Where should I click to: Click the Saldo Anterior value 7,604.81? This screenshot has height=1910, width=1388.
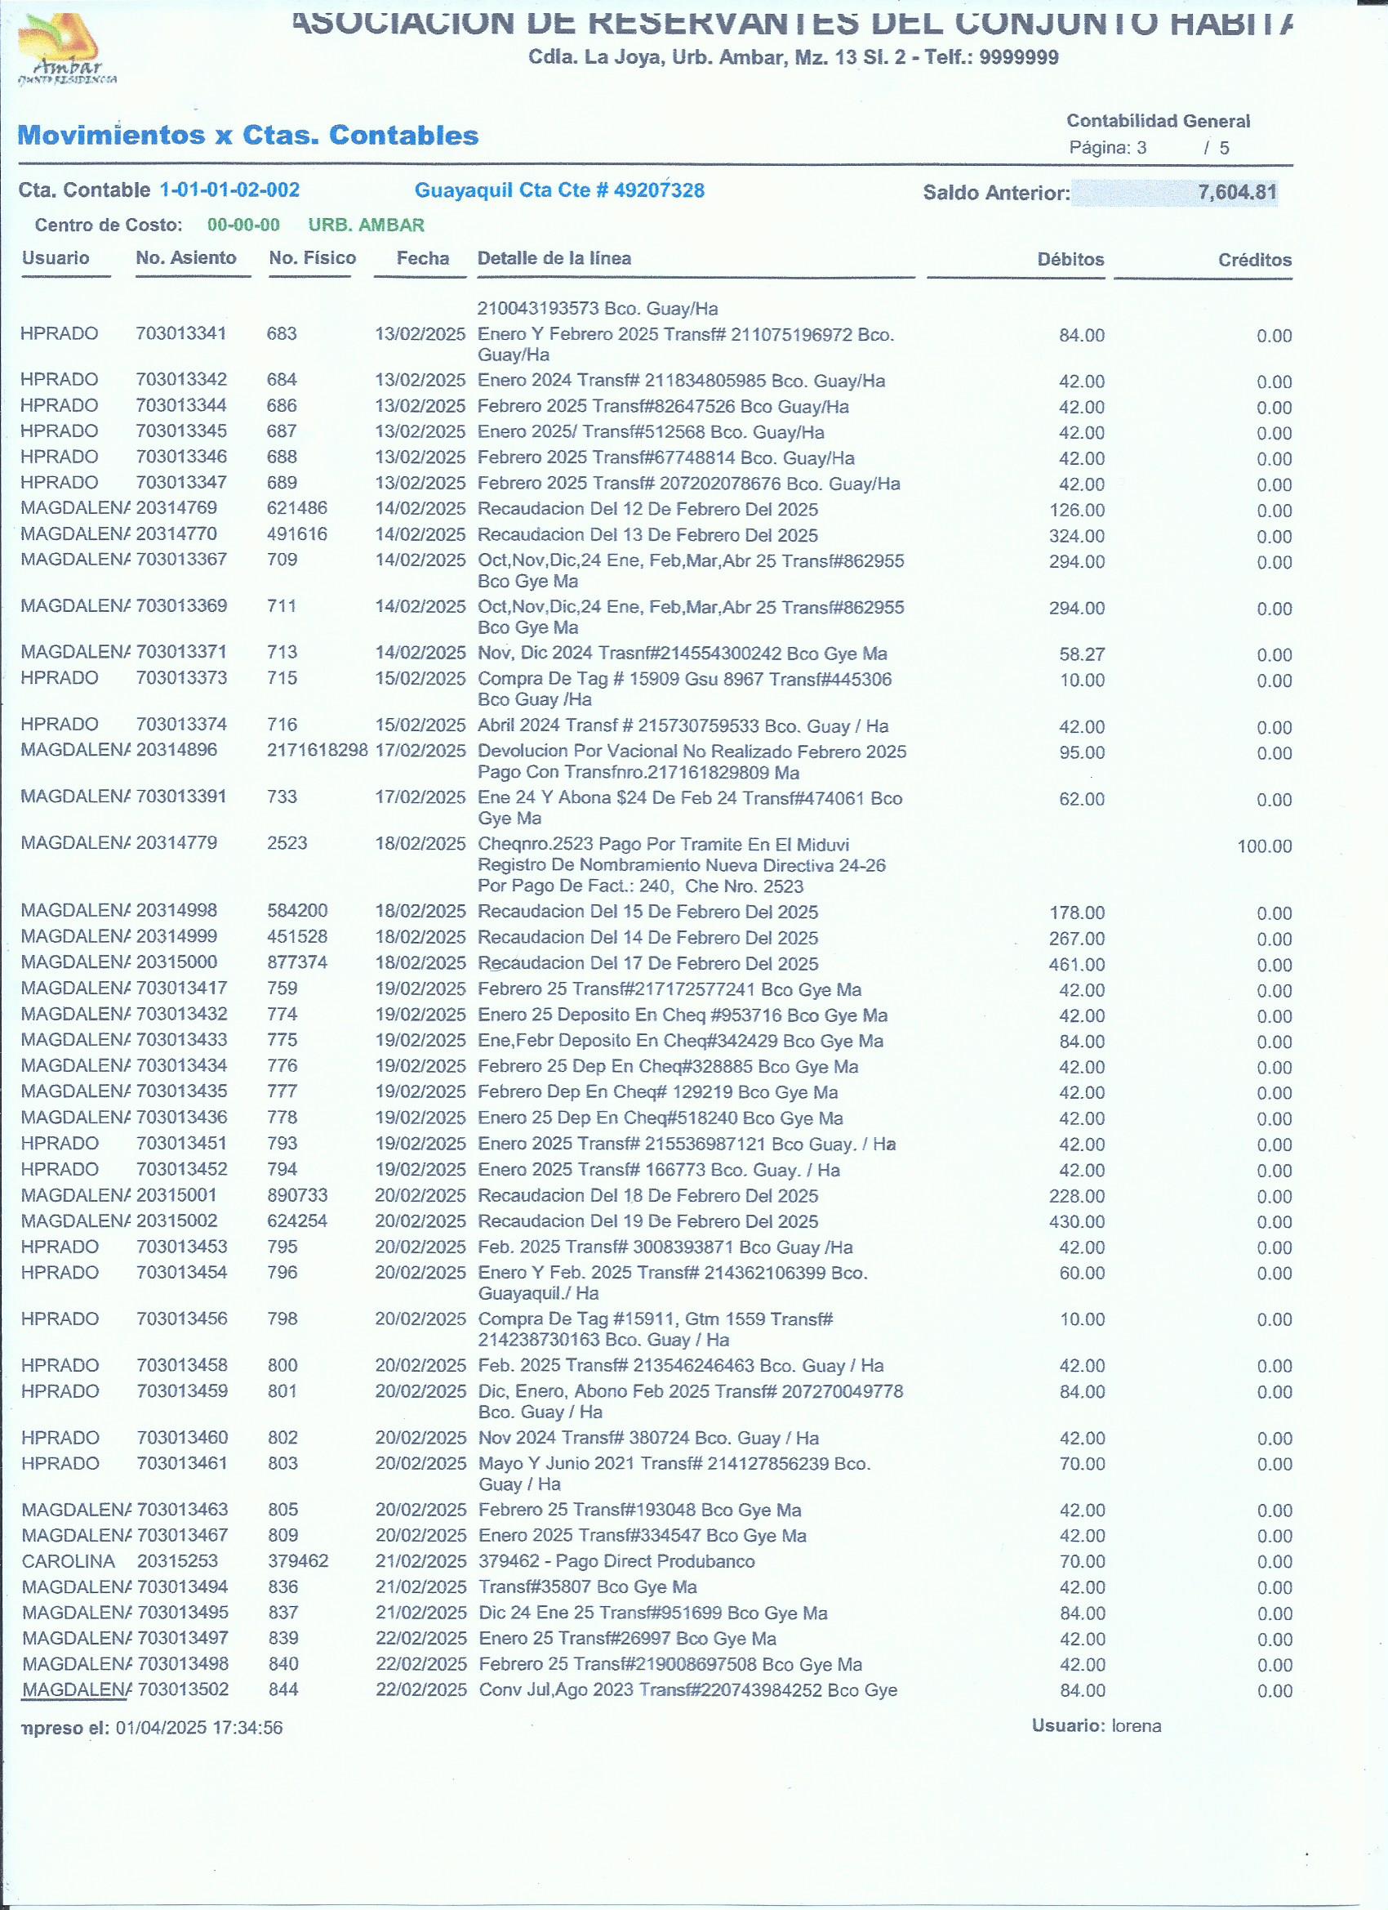coord(1236,192)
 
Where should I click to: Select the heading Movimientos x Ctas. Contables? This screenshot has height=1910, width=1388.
coord(248,136)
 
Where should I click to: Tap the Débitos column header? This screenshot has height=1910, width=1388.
coord(1070,260)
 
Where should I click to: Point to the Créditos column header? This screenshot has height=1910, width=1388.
coord(1254,260)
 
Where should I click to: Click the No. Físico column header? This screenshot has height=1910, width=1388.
coord(312,257)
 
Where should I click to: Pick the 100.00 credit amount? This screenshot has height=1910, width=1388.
coord(1263,846)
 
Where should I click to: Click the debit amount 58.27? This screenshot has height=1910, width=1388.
coord(1082,654)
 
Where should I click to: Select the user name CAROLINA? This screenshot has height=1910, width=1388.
coord(69,1561)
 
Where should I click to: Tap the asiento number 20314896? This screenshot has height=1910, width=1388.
coord(176,749)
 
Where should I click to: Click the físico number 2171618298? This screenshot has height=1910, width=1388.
coord(318,749)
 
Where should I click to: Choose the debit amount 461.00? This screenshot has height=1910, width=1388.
coord(1077,964)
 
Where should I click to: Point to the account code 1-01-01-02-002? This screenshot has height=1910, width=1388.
coord(229,190)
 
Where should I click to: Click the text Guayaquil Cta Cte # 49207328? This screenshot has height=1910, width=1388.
coord(560,190)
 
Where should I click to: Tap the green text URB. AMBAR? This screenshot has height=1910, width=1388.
coord(366,225)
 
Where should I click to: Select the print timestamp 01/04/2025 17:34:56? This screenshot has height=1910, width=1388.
coord(199,1727)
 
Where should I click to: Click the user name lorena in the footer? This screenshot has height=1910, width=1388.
coord(1136,1725)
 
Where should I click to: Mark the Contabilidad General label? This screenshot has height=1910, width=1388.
coord(1158,121)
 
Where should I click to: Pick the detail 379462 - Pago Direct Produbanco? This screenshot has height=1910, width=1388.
coord(616,1561)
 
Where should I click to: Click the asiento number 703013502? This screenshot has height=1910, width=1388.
coord(183,1689)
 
